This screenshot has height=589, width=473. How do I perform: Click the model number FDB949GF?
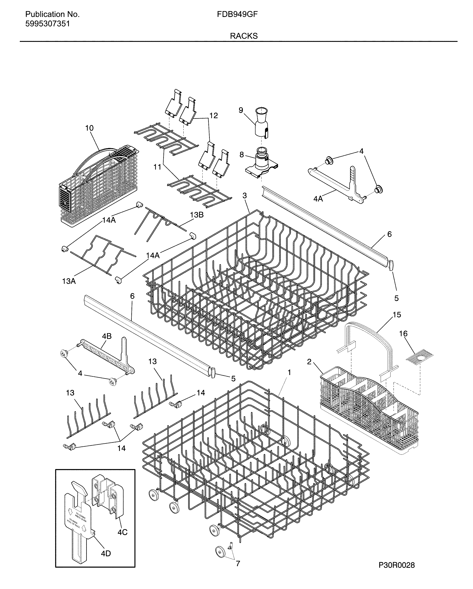tap(237, 14)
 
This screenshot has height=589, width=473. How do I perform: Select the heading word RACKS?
tap(244, 36)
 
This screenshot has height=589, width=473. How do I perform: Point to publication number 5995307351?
tap(47, 24)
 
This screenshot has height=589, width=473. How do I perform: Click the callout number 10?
tap(89, 128)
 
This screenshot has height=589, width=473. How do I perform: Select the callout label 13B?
tap(197, 215)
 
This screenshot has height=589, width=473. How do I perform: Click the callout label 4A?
tap(318, 199)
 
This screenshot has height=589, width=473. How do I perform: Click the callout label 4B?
tap(107, 336)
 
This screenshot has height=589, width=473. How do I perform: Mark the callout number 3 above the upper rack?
tap(245, 196)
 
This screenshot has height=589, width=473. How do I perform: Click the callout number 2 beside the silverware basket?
tap(309, 362)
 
